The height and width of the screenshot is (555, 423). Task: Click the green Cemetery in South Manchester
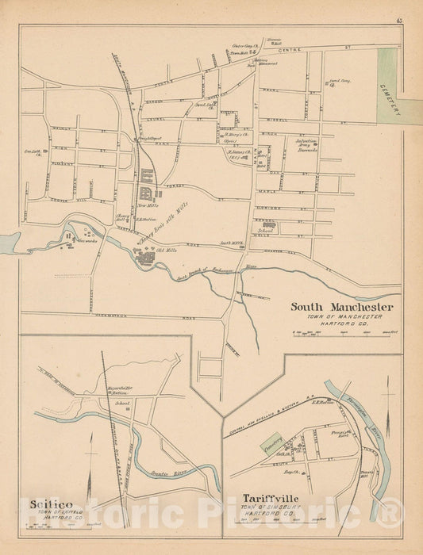point(388,86)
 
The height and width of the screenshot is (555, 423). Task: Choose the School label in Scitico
point(122,402)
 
